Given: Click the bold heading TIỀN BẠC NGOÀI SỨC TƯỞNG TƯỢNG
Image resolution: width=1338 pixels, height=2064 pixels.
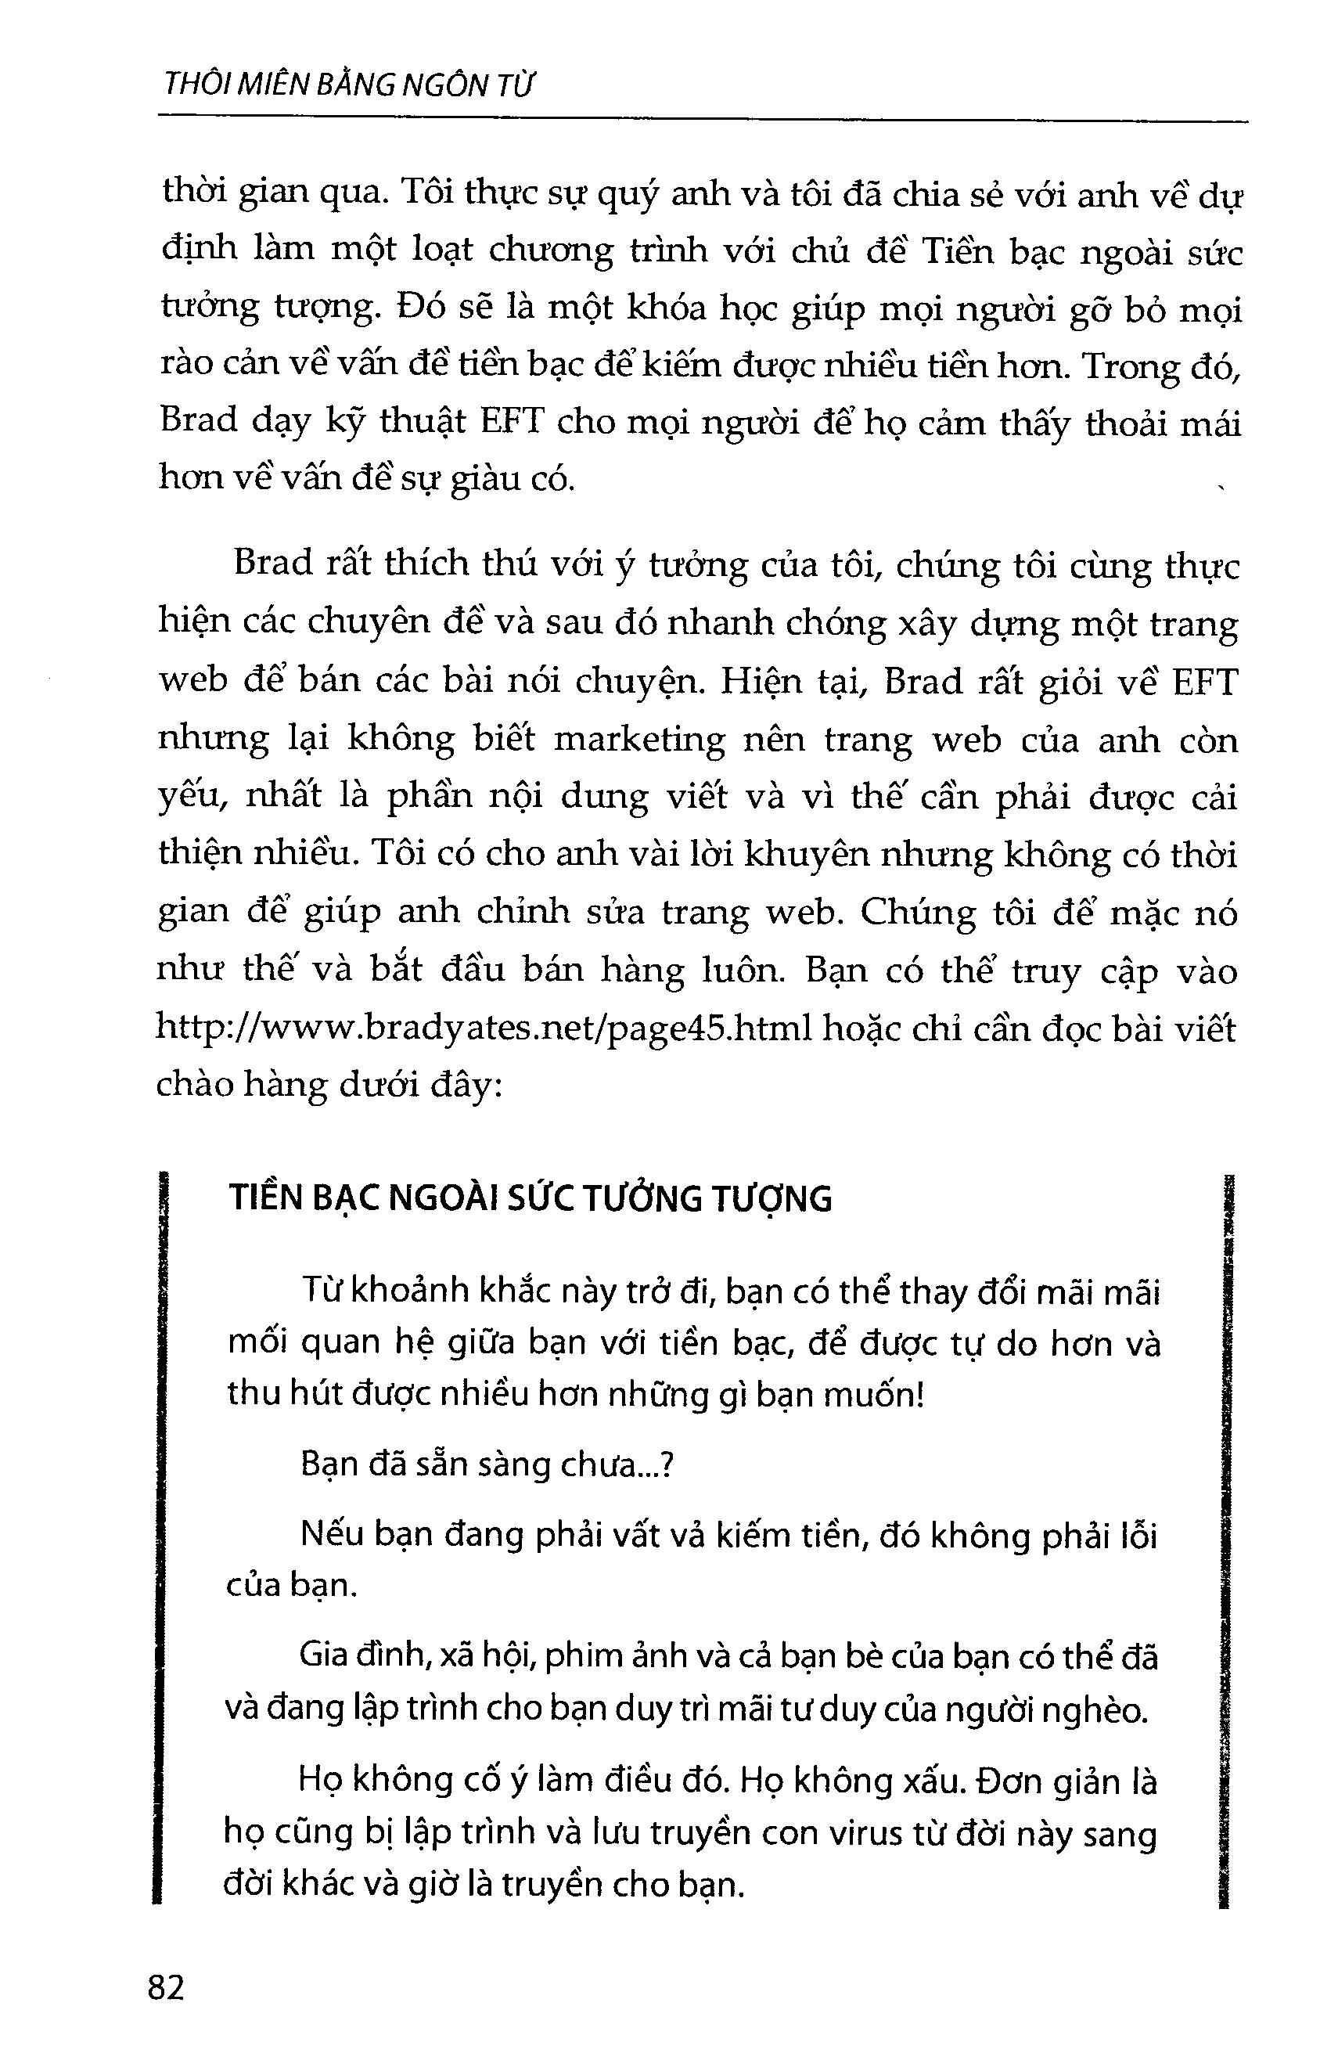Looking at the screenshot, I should click(530, 1199).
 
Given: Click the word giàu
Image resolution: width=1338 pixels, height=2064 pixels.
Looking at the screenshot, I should click(466, 480).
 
